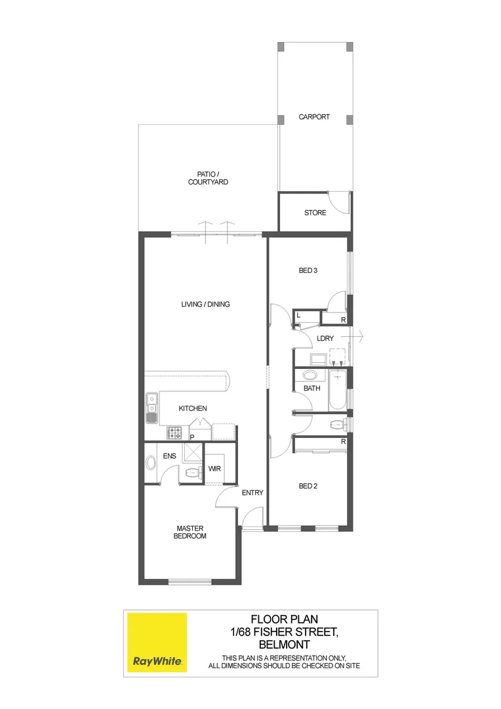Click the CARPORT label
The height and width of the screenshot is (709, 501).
314,117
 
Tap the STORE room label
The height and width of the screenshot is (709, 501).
315,213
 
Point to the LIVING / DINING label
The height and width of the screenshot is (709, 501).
205,304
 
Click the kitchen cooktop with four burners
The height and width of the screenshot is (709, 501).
176,432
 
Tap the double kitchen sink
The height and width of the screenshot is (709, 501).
151,407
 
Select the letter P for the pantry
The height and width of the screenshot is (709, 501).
192,437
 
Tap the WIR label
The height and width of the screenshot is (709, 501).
214,469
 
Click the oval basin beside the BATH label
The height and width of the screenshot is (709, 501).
310,376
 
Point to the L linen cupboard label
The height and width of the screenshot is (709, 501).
298,316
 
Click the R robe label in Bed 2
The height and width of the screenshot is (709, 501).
343,442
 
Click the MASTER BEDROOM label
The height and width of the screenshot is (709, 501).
191,532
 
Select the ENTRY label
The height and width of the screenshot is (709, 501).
252,493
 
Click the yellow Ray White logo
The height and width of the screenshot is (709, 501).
157,642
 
